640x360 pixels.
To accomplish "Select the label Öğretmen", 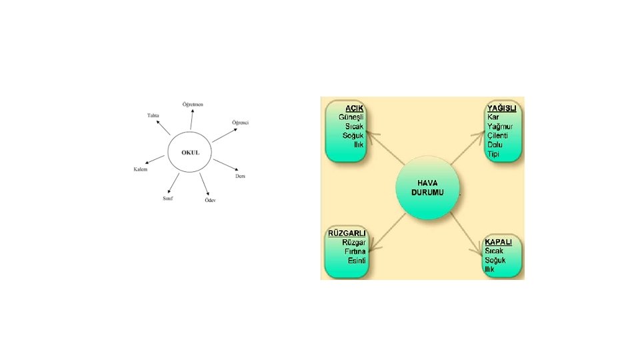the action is coord(193,104).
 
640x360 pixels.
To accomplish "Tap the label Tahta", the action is coord(153,115).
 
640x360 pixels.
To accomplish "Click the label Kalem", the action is coord(141,169).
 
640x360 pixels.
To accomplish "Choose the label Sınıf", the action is coord(169,199).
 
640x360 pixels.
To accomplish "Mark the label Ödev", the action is coord(210,200).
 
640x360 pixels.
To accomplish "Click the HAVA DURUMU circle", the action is coord(427,187).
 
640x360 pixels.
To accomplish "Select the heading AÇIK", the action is coord(354,108).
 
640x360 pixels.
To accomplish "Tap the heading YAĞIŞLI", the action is coord(502,108).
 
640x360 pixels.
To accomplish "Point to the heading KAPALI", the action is coord(499,241).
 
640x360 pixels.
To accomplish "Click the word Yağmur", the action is coord(501,126).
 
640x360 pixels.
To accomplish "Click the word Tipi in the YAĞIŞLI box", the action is coord(493,154).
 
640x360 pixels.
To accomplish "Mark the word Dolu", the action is coord(495,145).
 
